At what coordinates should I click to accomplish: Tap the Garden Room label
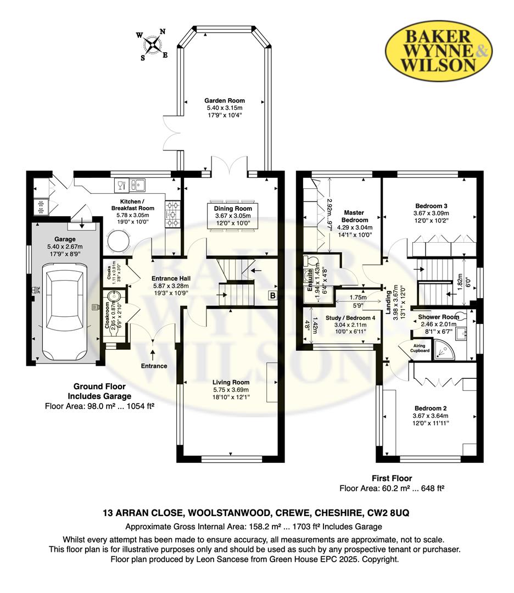(x=224, y=100)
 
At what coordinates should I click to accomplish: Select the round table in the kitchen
(x=118, y=240)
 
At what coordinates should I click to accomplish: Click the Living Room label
(x=231, y=382)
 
